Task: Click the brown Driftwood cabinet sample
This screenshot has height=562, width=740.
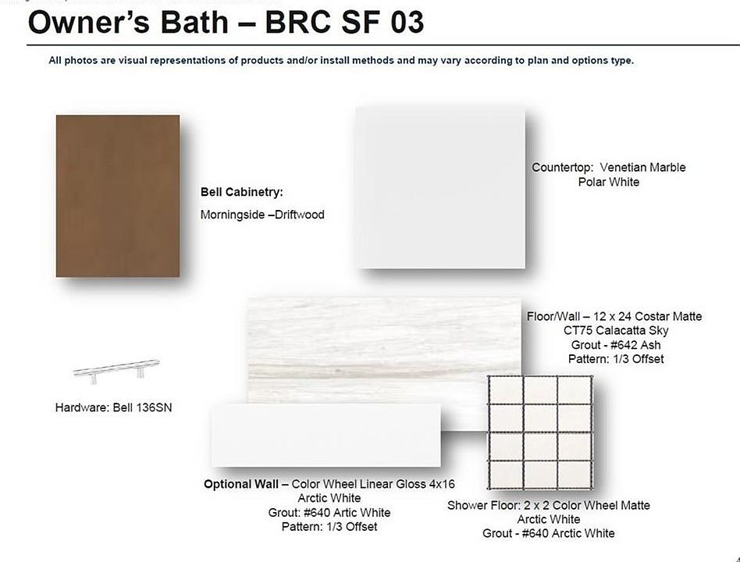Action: pyautogui.click(x=118, y=196)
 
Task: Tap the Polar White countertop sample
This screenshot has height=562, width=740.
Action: pyautogui.click(x=439, y=188)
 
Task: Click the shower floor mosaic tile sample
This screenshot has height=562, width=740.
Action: pyautogui.click(x=540, y=432)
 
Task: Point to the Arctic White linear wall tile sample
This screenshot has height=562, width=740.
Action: pyautogui.click(x=326, y=435)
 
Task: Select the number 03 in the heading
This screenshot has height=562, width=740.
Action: pyautogui.click(x=407, y=22)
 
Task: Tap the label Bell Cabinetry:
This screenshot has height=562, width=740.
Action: pyautogui.click(x=242, y=192)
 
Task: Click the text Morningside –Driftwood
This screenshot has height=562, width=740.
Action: pyautogui.click(x=262, y=215)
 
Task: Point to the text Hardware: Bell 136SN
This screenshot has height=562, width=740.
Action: pyautogui.click(x=113, y=407)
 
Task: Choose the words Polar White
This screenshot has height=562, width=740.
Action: pyautogui.click(x=609, y=182)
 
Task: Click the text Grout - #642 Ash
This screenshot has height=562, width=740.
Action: pyautogui.click(x=616, y=345)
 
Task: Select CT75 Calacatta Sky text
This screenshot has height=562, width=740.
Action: pyautogui.click(x=616, y=330)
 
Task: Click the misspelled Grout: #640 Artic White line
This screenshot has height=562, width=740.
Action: pyautogui.click(x=329, y=513)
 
